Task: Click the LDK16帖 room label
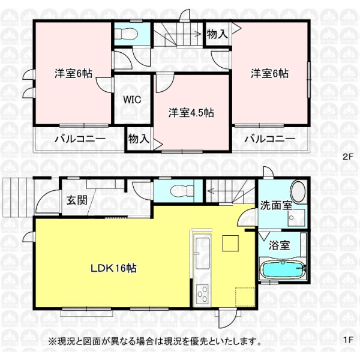click(113, 268)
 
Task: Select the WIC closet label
click(132, 100)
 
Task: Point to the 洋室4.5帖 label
click(191, 113)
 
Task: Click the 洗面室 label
click(276, 205)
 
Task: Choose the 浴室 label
click(279, 245)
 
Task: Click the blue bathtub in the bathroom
click(283, 270)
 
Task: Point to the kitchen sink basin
click(202, 253)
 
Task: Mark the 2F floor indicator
click(347, 157)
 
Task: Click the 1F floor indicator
click(347, 340)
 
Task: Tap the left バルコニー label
click(80, 139)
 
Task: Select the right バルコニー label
click(270, 139)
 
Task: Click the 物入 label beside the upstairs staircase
click(217, 34)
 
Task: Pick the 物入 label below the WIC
click(139, 139)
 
